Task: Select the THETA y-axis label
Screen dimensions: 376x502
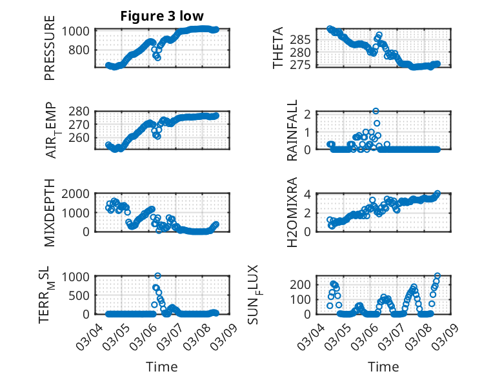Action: tap(278, 48)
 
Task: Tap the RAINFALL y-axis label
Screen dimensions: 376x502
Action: tap(292, 130)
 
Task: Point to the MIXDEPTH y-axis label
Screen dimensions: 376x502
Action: tap(50, 213)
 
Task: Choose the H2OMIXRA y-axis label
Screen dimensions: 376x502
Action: tap(292, 206)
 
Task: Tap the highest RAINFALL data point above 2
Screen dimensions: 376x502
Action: tap(376, 111)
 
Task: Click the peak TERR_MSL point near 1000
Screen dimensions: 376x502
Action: tap(157, 276)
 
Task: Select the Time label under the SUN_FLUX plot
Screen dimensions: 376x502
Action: tap(383, 367)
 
